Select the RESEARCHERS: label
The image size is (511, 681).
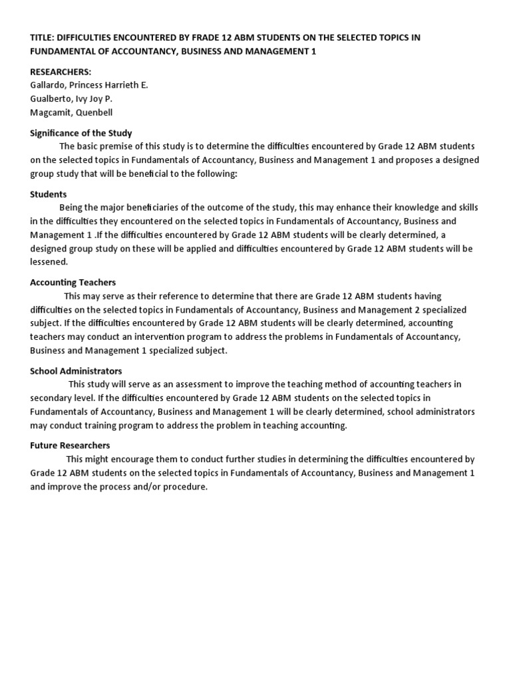[x=61, y=72]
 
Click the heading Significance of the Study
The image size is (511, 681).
[x=81, y=133]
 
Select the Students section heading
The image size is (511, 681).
[x=49, y=194]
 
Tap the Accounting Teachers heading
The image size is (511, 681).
[x=73, y=283]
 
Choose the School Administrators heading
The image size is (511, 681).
[x=76, y=370]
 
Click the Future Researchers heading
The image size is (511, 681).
[x=70, y=446]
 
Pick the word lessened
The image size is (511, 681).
[x=49, y=262]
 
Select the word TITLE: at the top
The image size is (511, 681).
[x=41, y=38]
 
